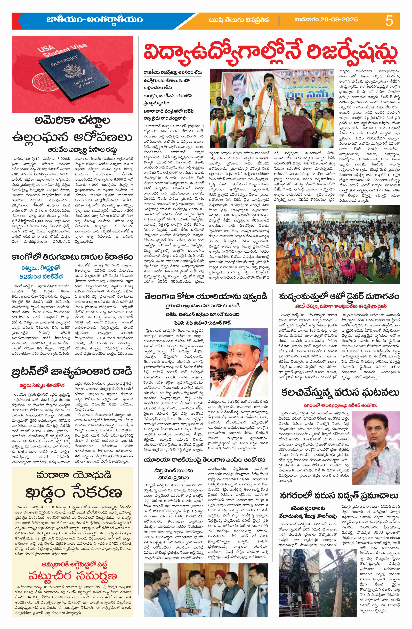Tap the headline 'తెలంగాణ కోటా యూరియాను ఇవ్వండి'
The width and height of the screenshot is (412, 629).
click(x=206, y=296)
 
